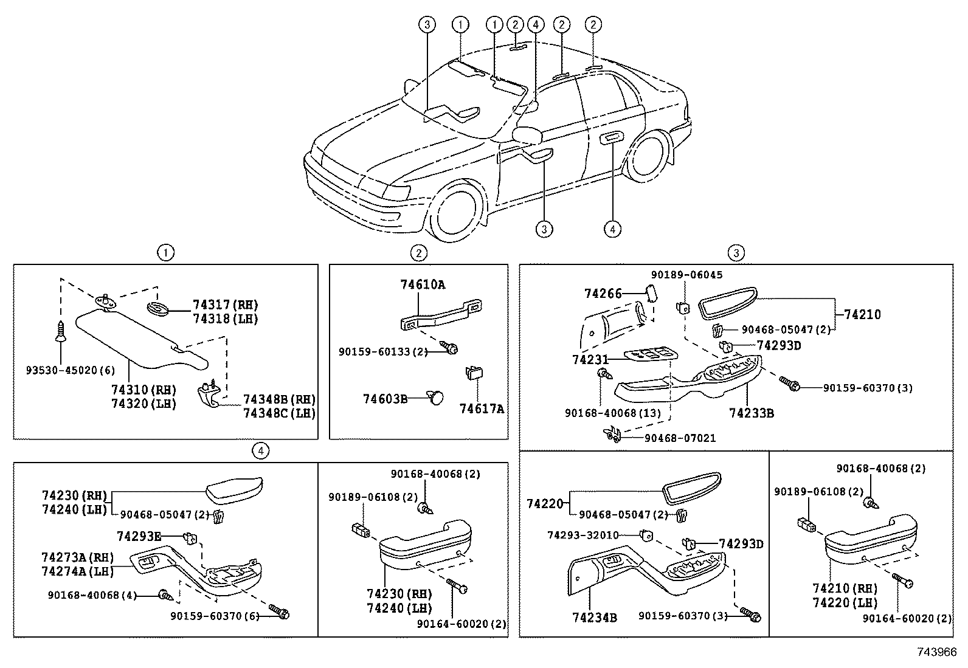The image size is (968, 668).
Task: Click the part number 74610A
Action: tap(423, 283)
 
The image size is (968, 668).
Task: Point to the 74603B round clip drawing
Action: tap(436, 398)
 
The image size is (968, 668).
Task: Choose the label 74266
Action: tap(603, 294)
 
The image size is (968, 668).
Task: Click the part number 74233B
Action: tap(752, 413)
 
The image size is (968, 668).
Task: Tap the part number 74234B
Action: tap(595, 618)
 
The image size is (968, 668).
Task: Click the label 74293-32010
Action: tap(583, 535)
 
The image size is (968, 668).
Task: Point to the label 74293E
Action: tap(139, 535)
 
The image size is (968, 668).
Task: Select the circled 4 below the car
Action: tap(612, 229)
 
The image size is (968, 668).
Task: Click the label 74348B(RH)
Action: tap(279, 399)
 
